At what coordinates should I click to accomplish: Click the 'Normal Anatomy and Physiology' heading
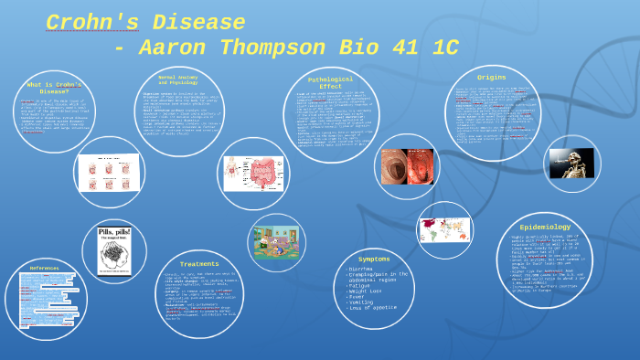point(179,80)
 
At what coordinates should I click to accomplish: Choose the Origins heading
point(492,78)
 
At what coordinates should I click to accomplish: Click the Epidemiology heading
point(545,227)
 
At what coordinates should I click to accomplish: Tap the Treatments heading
point(199,264)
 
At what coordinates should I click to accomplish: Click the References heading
point(44,269)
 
